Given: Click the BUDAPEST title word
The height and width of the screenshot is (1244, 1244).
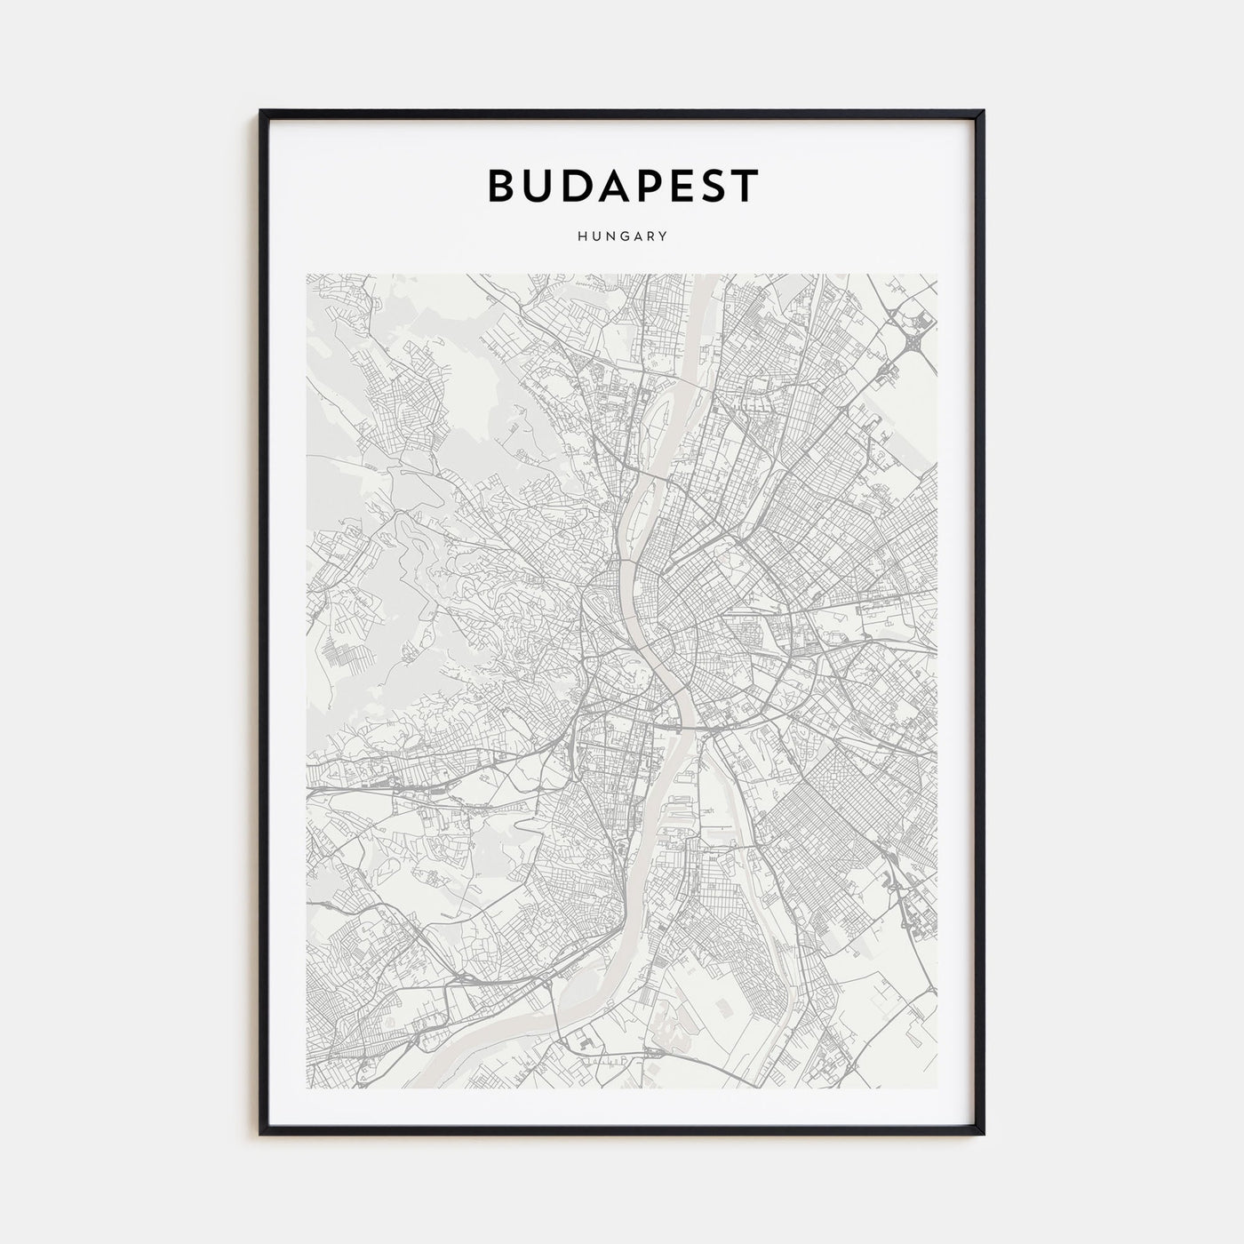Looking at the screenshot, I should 622,185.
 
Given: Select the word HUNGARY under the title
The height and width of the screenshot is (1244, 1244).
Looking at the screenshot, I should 622,237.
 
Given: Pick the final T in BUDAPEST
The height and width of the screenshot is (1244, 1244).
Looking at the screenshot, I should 745,185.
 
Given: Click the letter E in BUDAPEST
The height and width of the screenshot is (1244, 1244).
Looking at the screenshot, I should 672,185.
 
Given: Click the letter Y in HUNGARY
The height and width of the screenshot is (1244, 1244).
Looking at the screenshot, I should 664,237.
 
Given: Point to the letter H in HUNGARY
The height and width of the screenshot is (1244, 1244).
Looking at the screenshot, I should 580,237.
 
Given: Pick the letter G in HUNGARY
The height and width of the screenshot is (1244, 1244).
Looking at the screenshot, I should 622,237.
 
